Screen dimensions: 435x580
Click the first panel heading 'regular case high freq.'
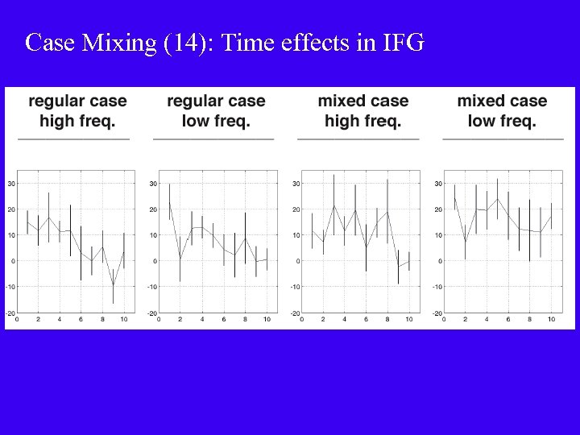click(77, 111)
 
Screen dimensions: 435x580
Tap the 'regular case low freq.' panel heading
click(216, 111)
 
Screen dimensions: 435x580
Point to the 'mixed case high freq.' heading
click(362, 111)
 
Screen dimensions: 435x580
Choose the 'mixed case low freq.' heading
click(502, 111)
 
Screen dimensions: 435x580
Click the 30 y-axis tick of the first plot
click(11, 184)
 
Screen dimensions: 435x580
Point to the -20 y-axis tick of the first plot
click(10, 313)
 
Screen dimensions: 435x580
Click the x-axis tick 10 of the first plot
click(124, 320)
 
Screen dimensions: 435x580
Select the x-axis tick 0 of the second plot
click(159, 320)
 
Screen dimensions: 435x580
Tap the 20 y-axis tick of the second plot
click(153, 209)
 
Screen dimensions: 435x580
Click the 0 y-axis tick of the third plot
click(297, 261)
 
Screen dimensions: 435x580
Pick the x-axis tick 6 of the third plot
click(366, 320)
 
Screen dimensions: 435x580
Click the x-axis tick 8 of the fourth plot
click(529, 320)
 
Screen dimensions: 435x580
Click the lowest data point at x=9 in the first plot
click(113, 285)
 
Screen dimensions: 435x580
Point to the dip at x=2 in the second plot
click(180, 259)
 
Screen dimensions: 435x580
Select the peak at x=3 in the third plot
click(333, 205)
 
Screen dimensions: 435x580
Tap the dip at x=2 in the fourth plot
click(465, 242)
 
